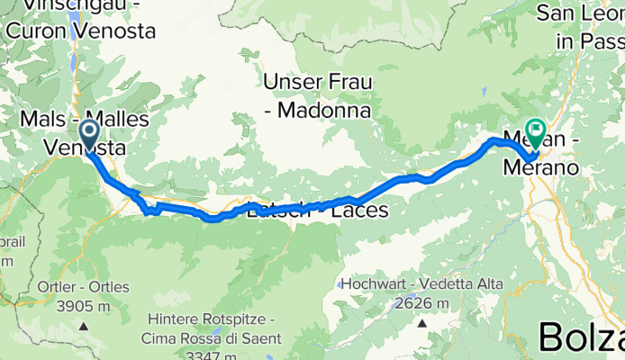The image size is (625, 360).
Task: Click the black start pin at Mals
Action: point(90,135)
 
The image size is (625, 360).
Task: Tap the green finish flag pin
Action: point(537,134)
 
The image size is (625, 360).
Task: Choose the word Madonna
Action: point(323,110)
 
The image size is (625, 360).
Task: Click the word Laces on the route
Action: point(360,211)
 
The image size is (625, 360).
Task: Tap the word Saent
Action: point(258,339)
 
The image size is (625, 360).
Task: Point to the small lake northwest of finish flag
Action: point(485,90)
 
